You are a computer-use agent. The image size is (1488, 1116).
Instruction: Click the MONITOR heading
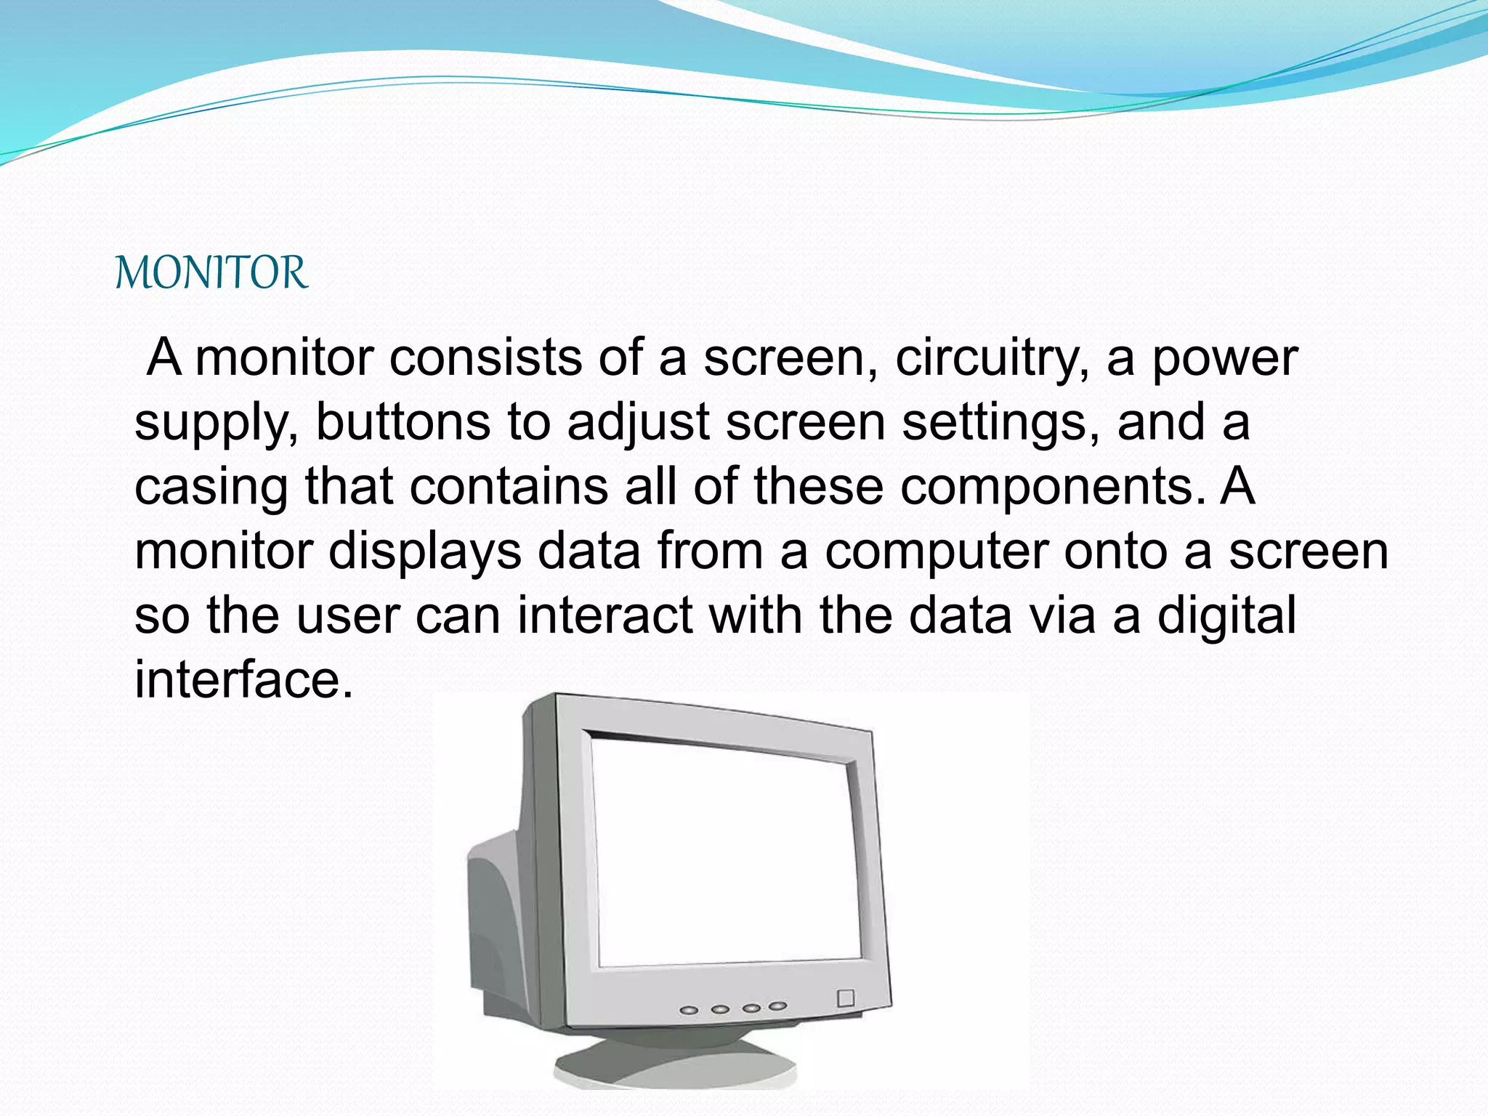(211, 273)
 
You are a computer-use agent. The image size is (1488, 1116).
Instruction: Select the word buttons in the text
(403, 422)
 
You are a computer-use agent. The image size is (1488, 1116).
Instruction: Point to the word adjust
(638, 422)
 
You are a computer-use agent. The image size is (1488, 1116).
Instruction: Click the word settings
(1000, 422)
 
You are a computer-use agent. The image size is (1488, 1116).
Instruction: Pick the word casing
(211, 486)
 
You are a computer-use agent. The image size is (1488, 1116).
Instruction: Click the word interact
(604, 615)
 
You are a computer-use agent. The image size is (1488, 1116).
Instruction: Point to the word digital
(1226, 615)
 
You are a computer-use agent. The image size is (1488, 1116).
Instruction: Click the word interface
(244, 679)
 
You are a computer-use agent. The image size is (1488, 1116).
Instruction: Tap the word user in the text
(348, 615)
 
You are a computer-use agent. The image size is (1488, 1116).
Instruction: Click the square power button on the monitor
(846, 998)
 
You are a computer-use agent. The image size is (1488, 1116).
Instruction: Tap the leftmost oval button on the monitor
(689, 1011)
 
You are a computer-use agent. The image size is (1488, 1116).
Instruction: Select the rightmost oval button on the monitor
(778, 1006)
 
